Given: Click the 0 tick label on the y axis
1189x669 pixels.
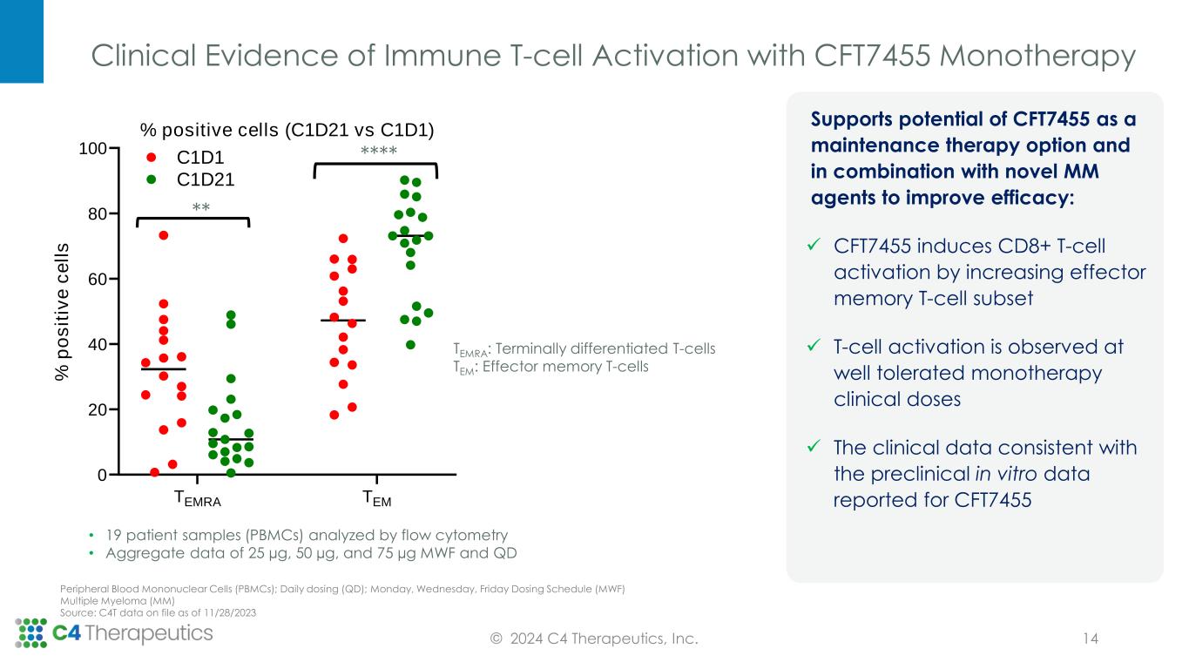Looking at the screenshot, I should point(102,475).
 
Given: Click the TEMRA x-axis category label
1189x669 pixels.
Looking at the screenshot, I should point(198,499).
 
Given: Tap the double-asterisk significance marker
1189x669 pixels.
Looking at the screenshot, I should point(201,209).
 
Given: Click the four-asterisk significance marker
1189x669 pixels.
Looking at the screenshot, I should point(378,153).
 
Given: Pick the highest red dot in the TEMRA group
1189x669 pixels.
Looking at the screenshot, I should point(163,235).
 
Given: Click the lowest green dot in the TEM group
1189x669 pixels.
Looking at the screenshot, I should point(410,344).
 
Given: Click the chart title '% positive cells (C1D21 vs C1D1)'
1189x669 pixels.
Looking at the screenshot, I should point(287,130).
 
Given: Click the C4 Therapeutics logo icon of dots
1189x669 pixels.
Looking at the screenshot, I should point(31,633).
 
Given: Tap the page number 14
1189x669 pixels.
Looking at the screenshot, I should point(1090,639).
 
